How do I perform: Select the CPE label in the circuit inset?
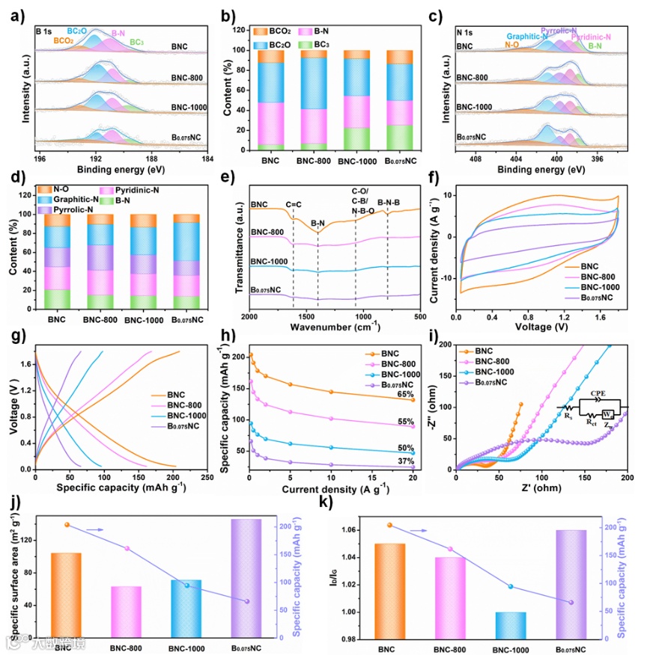[x=598, y=391]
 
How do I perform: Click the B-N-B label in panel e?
[x=392, y=200]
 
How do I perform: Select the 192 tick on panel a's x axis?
[x=96, y=159]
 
